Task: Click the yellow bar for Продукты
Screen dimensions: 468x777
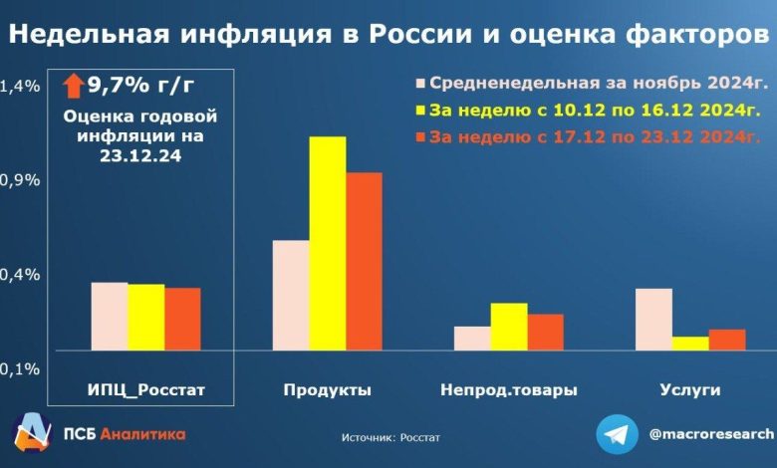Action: click(327, 243)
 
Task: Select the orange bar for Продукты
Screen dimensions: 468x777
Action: click(363, 261)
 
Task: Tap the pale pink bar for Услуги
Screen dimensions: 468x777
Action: click(653, 319)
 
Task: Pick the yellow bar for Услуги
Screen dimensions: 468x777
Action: click(690, 344)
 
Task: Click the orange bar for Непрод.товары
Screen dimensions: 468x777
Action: click(545, 333)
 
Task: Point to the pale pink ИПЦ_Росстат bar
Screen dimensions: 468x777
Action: click(110, 317)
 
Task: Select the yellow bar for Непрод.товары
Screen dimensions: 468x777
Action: click(509, 327)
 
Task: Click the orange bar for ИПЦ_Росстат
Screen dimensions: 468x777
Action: click(182, 319)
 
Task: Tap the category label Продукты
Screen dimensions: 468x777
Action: click(327, 390)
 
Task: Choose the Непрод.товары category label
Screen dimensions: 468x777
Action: click(508, 390)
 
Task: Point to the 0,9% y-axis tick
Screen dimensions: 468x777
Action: click(20, 180)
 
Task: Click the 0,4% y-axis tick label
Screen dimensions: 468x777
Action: click(20, 274)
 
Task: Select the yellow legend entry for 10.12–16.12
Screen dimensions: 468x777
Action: click(588, 110)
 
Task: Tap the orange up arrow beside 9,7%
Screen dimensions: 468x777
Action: click(74, 85)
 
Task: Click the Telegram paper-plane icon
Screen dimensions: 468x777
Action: click(618, 435)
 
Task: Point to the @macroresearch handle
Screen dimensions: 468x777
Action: click(710, 434)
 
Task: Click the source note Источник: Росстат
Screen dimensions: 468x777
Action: click(389, 437)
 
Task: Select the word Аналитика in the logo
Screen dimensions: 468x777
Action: click(143, 434)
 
